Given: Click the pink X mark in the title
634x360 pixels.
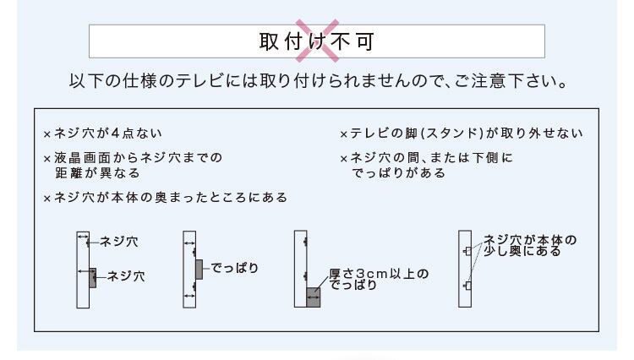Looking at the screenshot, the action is coord(316,40).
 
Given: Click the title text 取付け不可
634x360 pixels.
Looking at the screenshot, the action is coord(316,41).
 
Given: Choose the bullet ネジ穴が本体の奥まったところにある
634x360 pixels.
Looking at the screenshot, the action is coord(165,198).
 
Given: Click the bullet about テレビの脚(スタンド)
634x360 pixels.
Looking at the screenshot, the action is coord(461,134).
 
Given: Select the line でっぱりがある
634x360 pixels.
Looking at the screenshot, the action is coord(398,172).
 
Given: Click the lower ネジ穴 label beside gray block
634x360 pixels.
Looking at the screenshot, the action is coord(126,275).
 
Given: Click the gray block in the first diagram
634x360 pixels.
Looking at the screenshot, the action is coord(93,277).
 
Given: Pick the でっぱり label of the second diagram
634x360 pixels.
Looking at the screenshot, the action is coord(234,269).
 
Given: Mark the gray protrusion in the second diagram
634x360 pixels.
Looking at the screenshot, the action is coord(199,269).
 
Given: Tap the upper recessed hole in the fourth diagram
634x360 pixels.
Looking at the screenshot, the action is coord(467,251).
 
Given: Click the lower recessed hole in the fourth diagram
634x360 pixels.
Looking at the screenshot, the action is coord(467,287).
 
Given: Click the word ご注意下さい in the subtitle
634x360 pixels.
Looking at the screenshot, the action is coord(511,84).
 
